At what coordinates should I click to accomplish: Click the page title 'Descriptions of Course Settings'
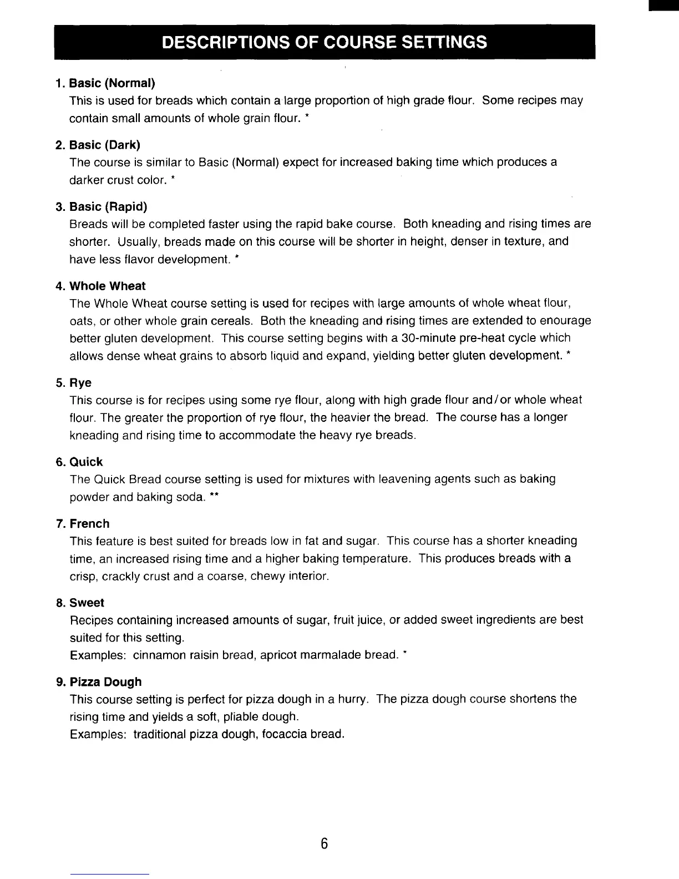(x=325, y=42)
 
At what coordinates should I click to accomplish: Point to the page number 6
(x=325, y=844)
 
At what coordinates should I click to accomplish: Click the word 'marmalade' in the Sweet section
(x=334, y=655)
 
